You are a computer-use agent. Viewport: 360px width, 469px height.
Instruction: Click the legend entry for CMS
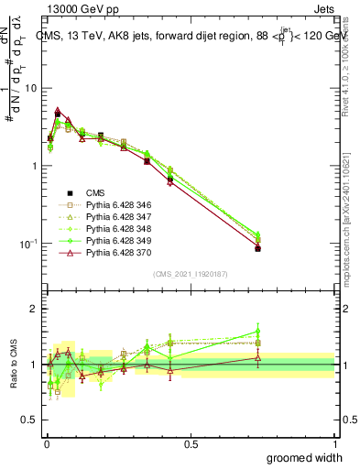(94, 192)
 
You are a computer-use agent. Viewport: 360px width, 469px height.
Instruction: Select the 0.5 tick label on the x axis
(191, 444)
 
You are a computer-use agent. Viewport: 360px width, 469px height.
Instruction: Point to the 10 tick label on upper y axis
(30, 88)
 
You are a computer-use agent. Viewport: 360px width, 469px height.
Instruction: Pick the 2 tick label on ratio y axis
(33, 310)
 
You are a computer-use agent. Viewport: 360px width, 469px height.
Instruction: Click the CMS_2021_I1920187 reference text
(190, 273)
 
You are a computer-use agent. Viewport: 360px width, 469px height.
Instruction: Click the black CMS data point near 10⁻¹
(258, 248)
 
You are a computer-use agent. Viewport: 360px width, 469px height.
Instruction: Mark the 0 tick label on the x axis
(46, 444)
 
